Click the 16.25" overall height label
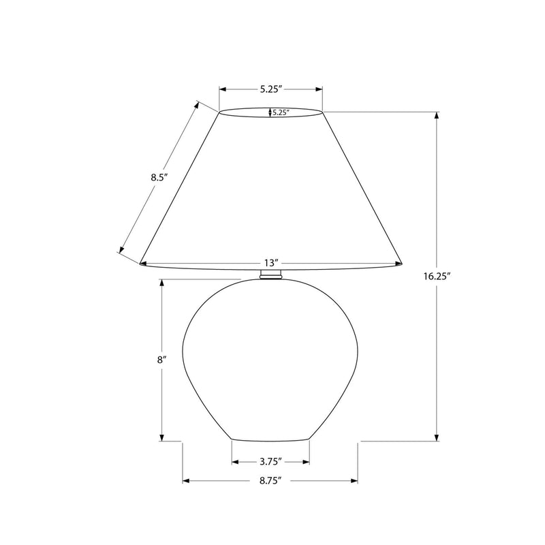(x=437, y=277)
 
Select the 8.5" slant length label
(x=159, y=178)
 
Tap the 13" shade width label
(x=271, y=262)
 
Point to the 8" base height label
(x=160, y=360)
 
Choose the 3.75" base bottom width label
(x=270, y=462)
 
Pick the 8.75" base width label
(x=270, y=481)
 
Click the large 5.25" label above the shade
(x=270, y=89)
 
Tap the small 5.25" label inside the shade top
(x=281, y=112)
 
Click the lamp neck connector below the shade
(x=270, y=274)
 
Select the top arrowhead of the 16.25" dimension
(x=437, y=115)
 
